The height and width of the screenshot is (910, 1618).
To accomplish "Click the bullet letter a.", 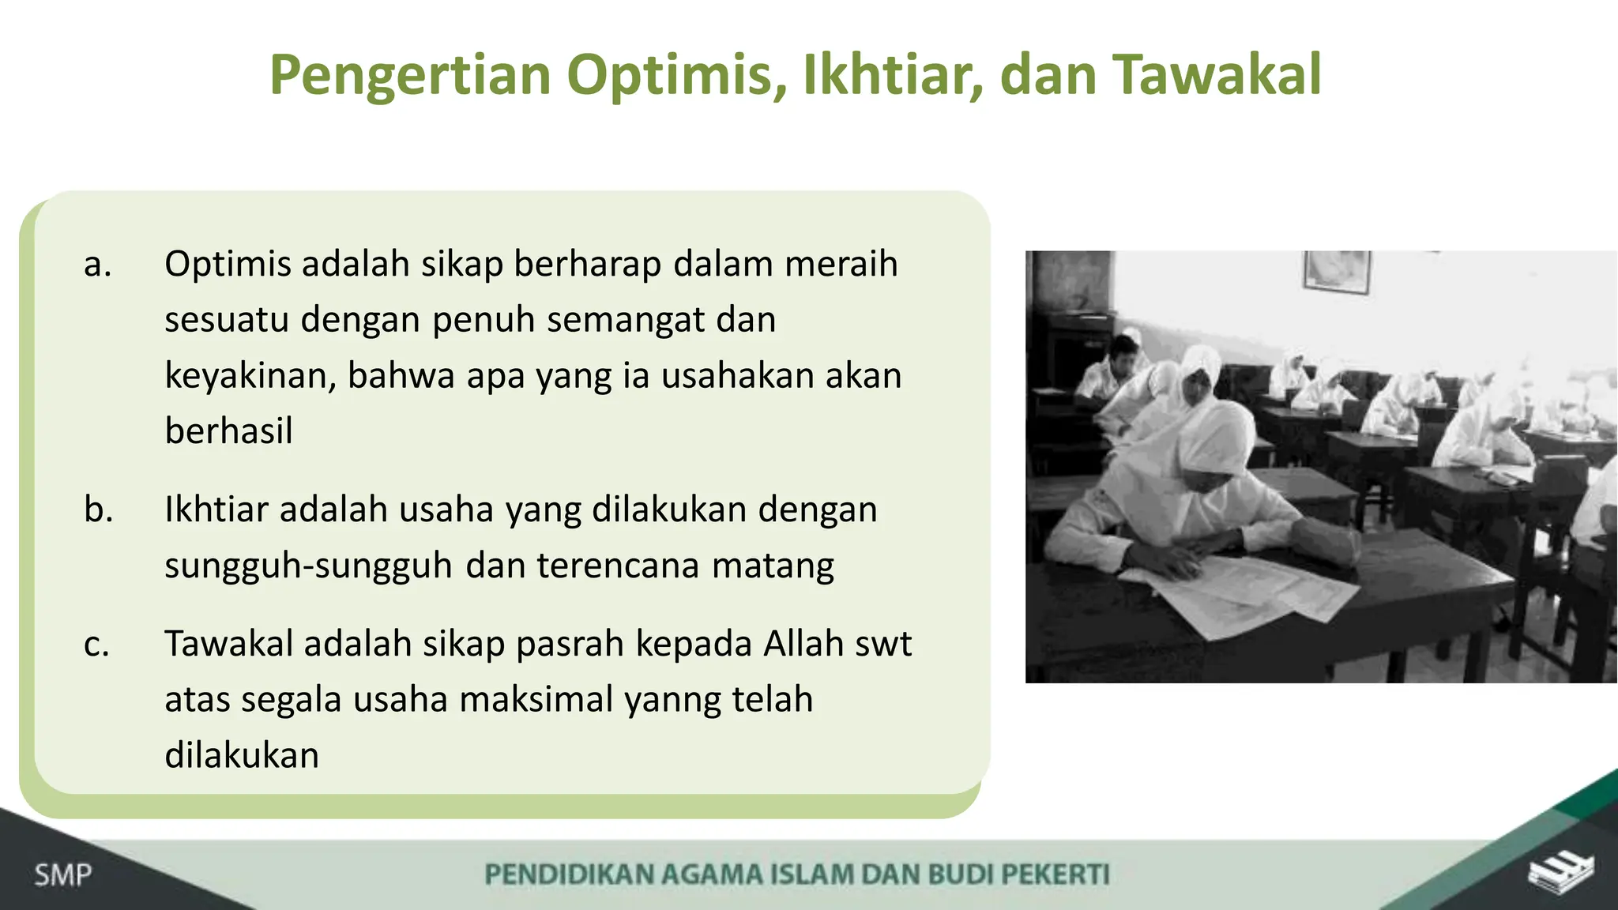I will click(x=97, y=265).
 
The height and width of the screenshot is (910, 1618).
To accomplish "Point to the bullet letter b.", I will click(x=98, y=510).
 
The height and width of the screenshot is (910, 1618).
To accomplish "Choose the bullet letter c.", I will click(x=96, y=645).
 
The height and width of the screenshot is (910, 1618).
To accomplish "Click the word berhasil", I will click(x=228, y=431).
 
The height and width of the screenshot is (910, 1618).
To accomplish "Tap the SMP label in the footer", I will click(x=62, y=875).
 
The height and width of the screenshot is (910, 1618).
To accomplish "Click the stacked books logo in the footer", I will click(x=1560, y=874).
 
